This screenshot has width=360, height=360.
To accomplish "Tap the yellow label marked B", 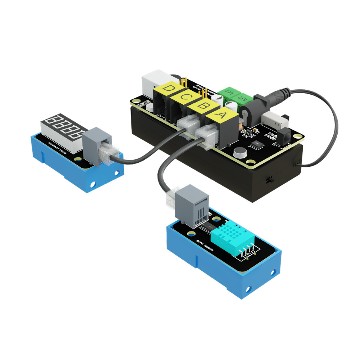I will click(203, 106).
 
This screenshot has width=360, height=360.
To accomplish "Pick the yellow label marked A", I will click(222, 116).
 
